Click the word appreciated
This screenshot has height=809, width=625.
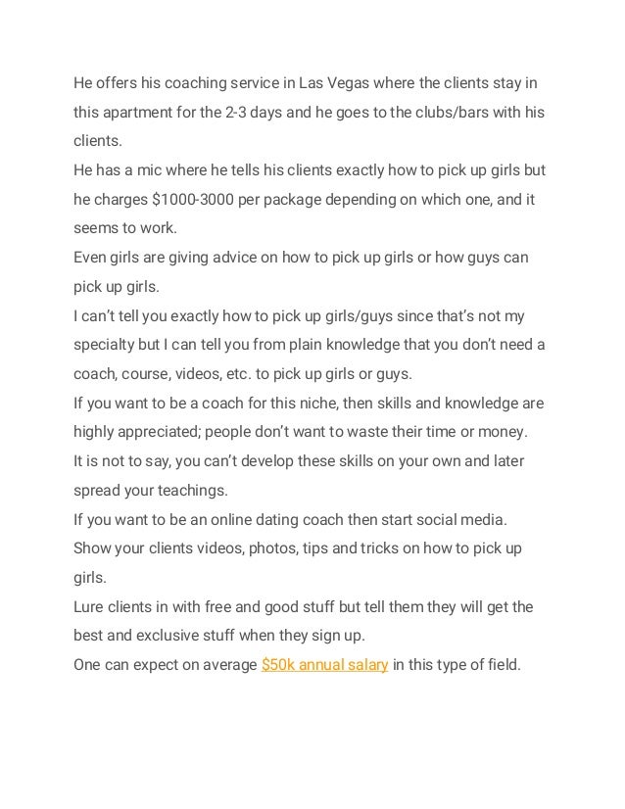(168, 432)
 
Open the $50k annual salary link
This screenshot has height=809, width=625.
(325, 665)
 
